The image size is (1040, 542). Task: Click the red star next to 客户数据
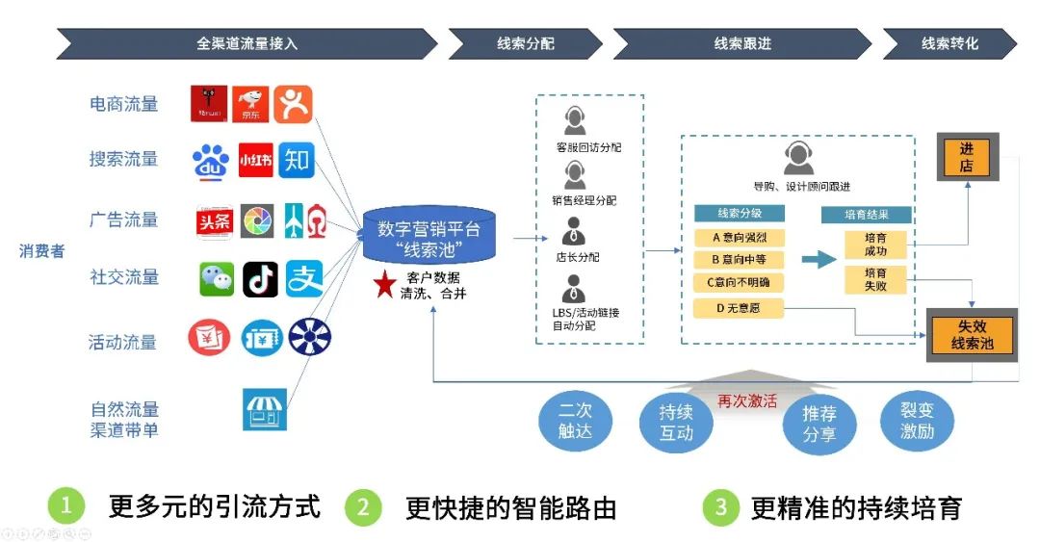tap(384, 285)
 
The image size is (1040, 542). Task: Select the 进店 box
tap(966, 157)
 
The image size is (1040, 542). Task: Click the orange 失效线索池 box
tap(971, 334)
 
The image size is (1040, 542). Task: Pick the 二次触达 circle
tap(574, 420)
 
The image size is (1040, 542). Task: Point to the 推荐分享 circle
tap(819, 424)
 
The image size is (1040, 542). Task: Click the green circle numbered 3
tap(720, 507)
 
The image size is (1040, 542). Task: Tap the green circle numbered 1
tap(66, 505)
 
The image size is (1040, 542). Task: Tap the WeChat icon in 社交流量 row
tap(217, 279)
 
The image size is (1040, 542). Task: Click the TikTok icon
tap(260, 279)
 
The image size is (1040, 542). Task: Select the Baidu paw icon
tap(211, 162)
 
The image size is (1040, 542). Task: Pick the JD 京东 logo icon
tap(251, 104)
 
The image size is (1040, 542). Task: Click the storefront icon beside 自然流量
tap(265, 409)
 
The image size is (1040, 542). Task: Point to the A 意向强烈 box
tap(739, 237)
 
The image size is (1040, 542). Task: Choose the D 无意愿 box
tap(739, 308)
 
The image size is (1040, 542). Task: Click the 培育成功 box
tap(875, 245)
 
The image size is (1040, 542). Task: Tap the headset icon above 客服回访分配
tap(575, 121)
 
